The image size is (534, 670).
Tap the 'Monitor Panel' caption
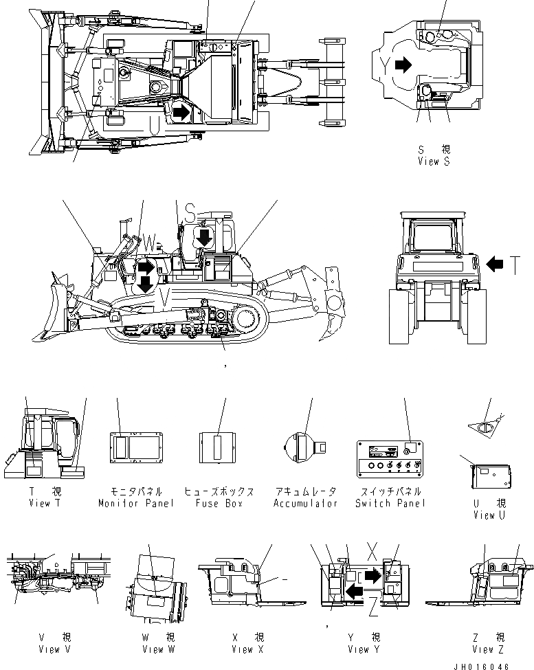tap(136, 503)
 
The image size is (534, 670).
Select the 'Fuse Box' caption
tap(219, 503)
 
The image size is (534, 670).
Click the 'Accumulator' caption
tap(305, 503)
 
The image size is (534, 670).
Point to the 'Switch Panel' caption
tap(391, 503)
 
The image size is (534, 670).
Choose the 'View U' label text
tap(489, 515)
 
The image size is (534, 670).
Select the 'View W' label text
tap(153, 649)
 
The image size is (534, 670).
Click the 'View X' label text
tap(247, 649)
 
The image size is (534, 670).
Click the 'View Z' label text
tap(488, 649)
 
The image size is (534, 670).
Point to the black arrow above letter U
tap(180, 112)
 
